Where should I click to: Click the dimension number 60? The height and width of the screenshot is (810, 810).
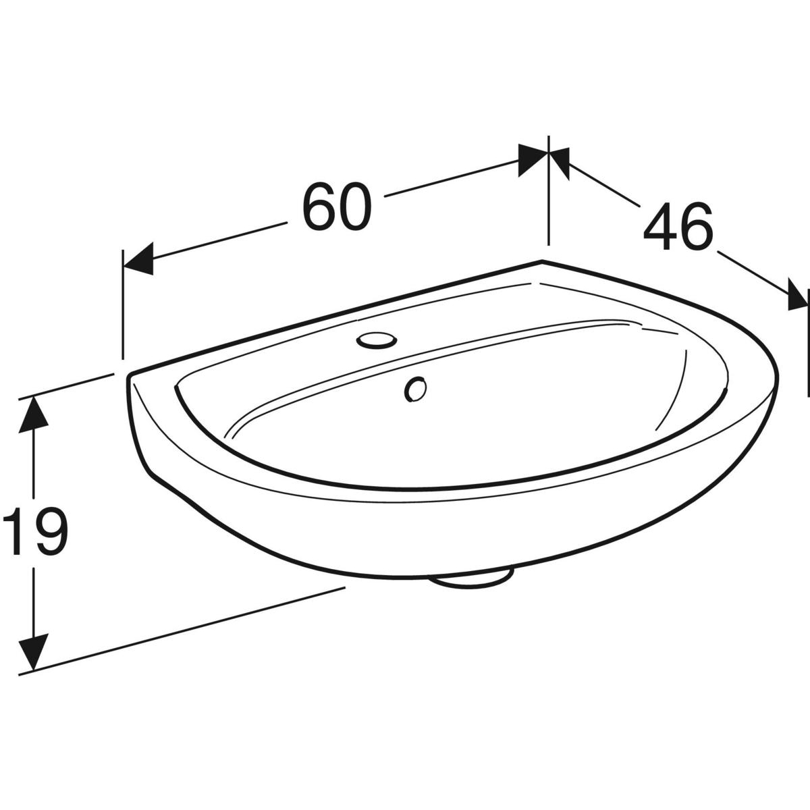pyautogui.click(x=337, y=206)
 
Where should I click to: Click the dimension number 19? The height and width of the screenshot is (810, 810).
pyautogui.click(x=35, y=531)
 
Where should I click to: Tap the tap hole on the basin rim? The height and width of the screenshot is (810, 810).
pyautogui.click(x=376, y=340)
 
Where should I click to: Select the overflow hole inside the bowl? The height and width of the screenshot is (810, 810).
pyautogui.click(x=415, y=389)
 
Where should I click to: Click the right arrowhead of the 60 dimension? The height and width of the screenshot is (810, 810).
pyautogui.click(x=533, y=160)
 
